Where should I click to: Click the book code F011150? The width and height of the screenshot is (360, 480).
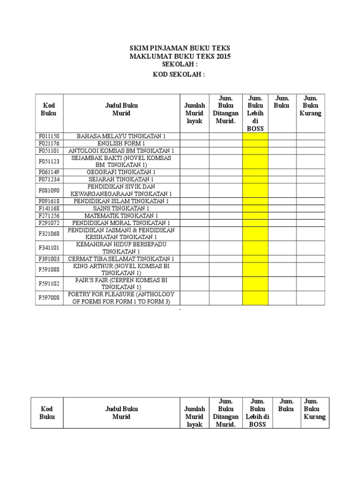point(49,136)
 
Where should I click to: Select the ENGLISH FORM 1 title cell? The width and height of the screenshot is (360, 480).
point(121,143)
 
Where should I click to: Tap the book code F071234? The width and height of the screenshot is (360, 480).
point(49,180)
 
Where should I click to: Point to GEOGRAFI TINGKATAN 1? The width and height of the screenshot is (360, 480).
point(121,172)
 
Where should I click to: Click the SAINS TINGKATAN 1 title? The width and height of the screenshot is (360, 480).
point(121,208)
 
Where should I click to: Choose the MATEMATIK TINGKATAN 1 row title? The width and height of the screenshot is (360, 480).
point(121,215)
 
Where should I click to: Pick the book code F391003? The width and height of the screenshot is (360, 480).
point(49,259)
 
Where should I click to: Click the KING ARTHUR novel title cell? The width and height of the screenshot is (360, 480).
point(121,269)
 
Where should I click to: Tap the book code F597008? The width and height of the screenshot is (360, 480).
point(49,298)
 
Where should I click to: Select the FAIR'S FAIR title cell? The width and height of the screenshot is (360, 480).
point(121,283)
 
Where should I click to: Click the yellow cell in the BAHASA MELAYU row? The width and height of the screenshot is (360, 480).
point(255,136)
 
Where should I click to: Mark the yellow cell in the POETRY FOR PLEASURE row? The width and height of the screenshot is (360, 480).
point(255,298)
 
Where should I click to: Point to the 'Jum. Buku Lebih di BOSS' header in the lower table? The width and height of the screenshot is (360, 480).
point(257,412)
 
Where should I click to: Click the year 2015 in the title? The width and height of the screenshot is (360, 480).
point(223,56)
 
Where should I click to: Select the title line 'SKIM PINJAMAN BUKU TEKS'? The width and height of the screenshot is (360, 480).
point(180,48)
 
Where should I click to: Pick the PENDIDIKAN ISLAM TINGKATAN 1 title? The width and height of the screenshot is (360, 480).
point(121,201)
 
